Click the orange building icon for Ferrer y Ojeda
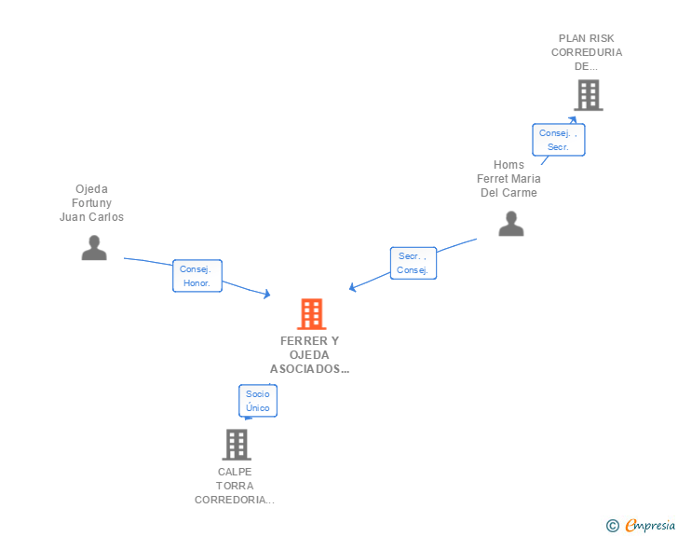[x=311, y=314]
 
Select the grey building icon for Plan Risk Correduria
[x=588, y=95]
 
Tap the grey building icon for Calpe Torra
[x=237, y=445]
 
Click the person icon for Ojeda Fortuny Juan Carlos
[x=93, y=247]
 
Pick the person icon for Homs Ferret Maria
[x=510, y=224]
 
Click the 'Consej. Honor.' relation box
[x=197, y=276]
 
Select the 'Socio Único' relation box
[x=258, y=401]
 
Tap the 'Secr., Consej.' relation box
[x=413, y=263]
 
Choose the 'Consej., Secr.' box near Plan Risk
[x=559, y=140]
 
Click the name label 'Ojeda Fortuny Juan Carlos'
[x=91, y=203]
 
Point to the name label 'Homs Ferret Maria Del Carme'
[x=508, y=179]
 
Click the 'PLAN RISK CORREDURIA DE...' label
[x=587, y=52]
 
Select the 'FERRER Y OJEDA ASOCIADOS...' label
[x=310, y=354]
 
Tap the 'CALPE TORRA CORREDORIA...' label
[x=235, y=486]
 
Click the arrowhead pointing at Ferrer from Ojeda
[x=267, y=295]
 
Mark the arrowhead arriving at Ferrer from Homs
[x=352, y=288]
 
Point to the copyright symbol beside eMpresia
[x=612, y=526]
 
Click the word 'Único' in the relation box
[x=258, y=408]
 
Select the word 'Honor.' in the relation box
[x=197, y=283]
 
